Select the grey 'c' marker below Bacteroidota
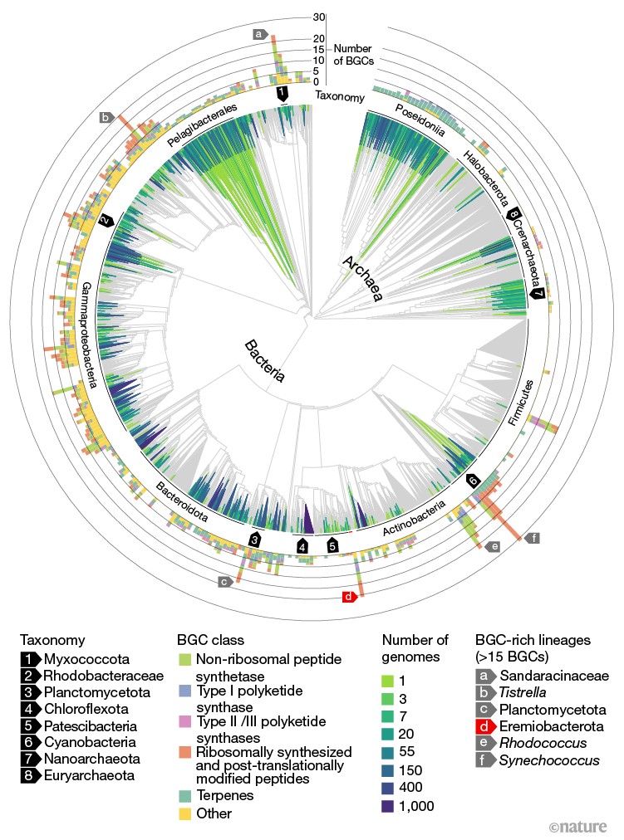pos(224,582)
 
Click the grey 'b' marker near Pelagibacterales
pos(106,118)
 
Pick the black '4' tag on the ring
pos(302,546)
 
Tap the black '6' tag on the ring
pos(473,481)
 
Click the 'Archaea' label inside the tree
pos(359,281)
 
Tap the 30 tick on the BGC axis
pos(318,17)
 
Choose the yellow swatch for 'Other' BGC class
pos(185,814)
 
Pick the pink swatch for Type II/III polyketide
pos(185,721)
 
